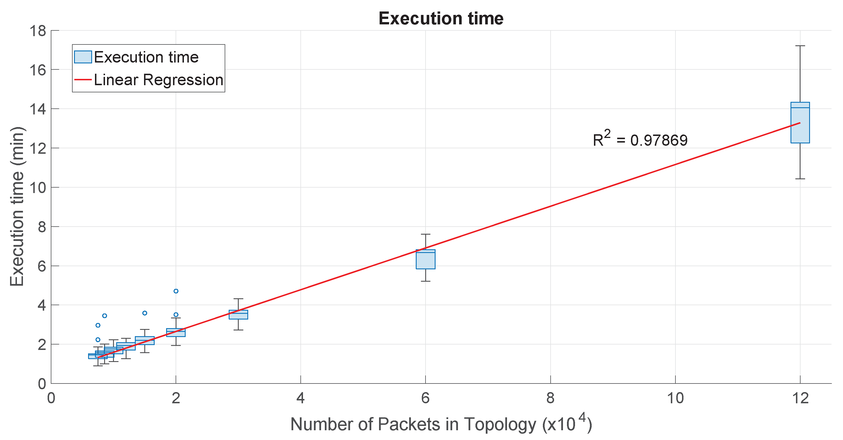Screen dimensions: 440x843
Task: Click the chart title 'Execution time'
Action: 440,18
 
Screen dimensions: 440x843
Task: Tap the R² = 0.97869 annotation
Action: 640,139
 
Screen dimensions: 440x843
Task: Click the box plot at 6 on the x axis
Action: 425,259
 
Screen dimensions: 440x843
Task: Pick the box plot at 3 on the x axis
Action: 238,315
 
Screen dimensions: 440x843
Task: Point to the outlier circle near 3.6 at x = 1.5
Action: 145,313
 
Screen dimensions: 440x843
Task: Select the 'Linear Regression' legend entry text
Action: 158,80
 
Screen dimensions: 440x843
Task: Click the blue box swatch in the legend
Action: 83,57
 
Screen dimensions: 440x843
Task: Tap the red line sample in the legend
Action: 83,80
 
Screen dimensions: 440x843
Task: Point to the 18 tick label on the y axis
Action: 38,31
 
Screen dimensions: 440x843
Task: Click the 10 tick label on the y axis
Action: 38,188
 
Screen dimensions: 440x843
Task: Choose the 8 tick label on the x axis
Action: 550,398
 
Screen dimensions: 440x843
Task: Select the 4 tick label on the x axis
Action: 300,398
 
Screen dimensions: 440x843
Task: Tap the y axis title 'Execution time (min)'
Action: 17,207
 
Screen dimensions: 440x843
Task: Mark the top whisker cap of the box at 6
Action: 425,234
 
